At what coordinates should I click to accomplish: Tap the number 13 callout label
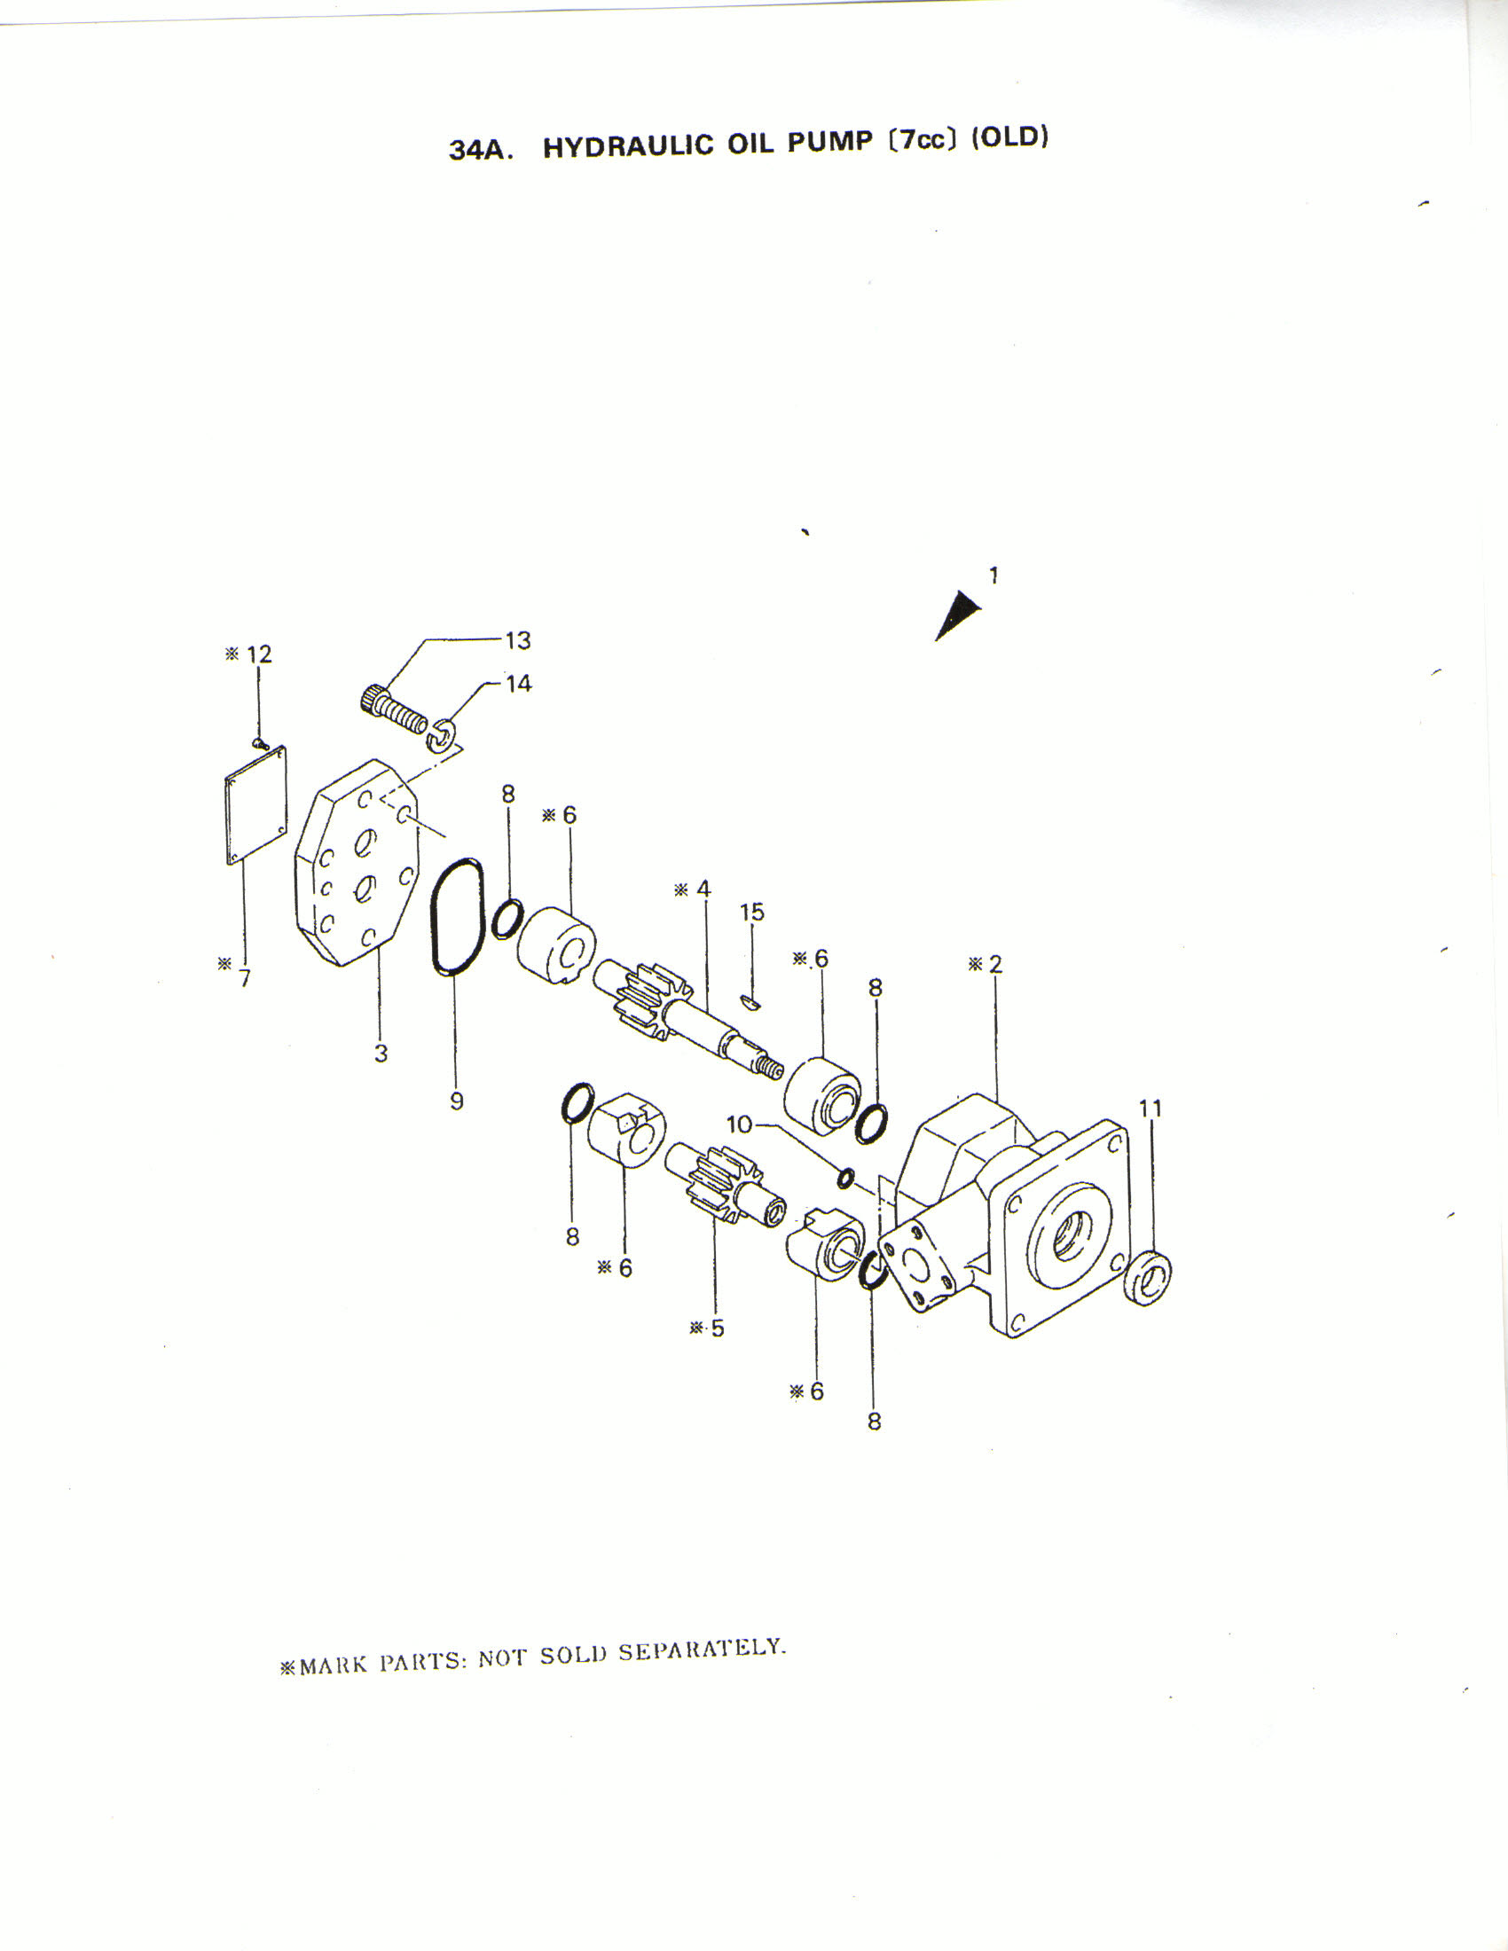point(517,640)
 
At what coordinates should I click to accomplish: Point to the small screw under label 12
point(260,742)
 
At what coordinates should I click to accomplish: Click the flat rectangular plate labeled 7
point(255,806)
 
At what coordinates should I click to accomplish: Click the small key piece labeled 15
point(751,1001)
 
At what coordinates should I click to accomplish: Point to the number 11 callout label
point(1151,1109)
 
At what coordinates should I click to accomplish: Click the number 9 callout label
point(457,1101)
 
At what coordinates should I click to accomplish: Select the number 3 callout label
point(381,1054)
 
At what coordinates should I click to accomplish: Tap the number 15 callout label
point(752,912)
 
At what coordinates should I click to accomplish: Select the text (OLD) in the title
point(1009,137)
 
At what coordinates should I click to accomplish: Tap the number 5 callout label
point(718,1328)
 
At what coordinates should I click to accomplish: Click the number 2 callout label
point(995,964)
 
